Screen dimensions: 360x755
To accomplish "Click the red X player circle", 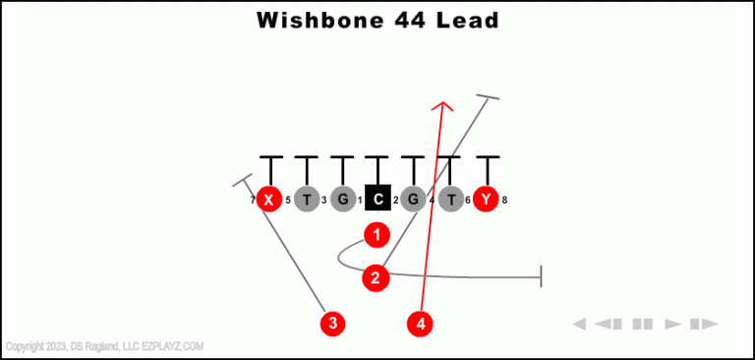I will click(268, 200).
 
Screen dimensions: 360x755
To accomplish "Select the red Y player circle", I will click(486, 200).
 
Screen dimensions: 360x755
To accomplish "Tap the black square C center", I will click(377, 200).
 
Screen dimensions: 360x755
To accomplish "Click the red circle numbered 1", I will click(377, 235).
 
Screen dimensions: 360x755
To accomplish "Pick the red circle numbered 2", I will click(376, 278).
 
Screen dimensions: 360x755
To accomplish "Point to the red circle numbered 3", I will click(334, 322).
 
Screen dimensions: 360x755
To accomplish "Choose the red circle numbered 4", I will click(421, 322).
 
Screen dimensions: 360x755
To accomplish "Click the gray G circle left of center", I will click(342, 200).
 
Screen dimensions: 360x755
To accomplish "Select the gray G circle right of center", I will click(413, 200).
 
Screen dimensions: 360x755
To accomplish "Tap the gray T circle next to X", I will click(306, 200).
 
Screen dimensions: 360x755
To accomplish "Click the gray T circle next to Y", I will click(450, 200).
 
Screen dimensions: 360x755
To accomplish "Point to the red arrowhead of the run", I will click(444, 106).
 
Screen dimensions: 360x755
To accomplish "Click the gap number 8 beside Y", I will click(504, 201).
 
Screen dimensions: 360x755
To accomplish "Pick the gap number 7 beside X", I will click(252, 201).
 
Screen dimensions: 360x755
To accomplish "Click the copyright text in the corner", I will click(104, 346).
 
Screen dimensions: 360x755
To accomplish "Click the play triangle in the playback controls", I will click(673, 324).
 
